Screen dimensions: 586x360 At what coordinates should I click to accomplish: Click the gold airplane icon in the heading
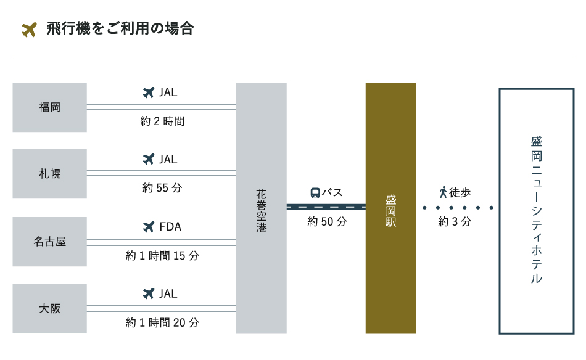click(29, 30)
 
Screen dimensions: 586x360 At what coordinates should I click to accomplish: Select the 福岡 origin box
click(50, 107)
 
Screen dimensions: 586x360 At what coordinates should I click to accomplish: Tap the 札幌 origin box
click(50, 174)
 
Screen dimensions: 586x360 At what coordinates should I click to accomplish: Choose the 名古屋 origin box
click(50, 242)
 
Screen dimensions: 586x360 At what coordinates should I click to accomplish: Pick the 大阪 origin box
click(50, 308)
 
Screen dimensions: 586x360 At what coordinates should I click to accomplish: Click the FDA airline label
click(170, 227)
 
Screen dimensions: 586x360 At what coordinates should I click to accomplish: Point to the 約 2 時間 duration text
click(162, 121)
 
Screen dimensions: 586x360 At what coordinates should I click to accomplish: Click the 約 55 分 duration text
click(162, 187)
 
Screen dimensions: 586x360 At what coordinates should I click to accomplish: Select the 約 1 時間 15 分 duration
click(162, 255)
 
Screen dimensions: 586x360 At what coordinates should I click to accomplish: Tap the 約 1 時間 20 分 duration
click(162, 322)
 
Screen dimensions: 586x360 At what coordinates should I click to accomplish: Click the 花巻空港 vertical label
click(262, 211)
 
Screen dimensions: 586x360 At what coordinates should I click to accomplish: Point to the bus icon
click(315, 193)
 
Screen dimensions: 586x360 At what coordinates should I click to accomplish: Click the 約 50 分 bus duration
click(327, 221)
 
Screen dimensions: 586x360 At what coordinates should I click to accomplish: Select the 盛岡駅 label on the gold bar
click(391, 211)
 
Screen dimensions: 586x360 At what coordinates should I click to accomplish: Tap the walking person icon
click(444, 192)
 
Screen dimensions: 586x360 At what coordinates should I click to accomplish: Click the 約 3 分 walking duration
click(455, 221)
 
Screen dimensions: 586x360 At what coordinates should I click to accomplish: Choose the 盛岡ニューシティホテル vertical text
click(537, 210)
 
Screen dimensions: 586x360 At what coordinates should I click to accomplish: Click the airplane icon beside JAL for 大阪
click(149, 293)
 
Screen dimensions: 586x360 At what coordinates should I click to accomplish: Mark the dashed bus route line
click(326, 207)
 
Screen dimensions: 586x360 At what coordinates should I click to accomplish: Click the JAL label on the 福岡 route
click(168, 92)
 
